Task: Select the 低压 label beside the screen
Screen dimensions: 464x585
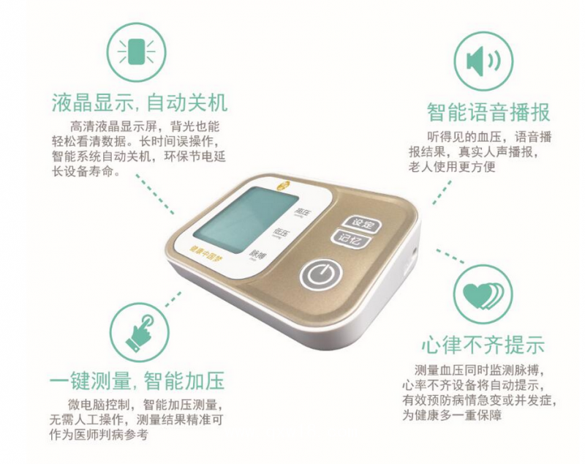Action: [x=281, y=233]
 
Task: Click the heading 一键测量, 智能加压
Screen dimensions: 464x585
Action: [x=137, y=381]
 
